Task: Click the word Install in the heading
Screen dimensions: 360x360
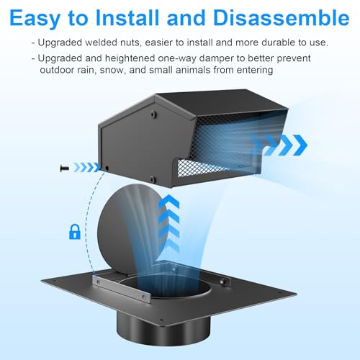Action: click(x=127, y=17)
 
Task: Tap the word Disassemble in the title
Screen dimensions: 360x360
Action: click(x=281, y=17)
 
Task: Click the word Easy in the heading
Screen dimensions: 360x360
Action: click(x=35, y=19)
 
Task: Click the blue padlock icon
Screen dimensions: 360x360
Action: click(x=75, y=232)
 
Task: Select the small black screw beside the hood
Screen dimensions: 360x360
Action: click(x=64, y=168)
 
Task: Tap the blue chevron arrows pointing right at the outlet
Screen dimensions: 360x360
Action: click(x=279, y=145)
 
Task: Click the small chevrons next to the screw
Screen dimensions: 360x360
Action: click(x=86, y=167)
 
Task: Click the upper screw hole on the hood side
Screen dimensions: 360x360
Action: click(x=153, y=114)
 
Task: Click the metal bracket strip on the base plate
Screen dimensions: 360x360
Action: click(x=121, y=289)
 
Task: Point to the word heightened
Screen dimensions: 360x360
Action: click(x=130, y=58)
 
